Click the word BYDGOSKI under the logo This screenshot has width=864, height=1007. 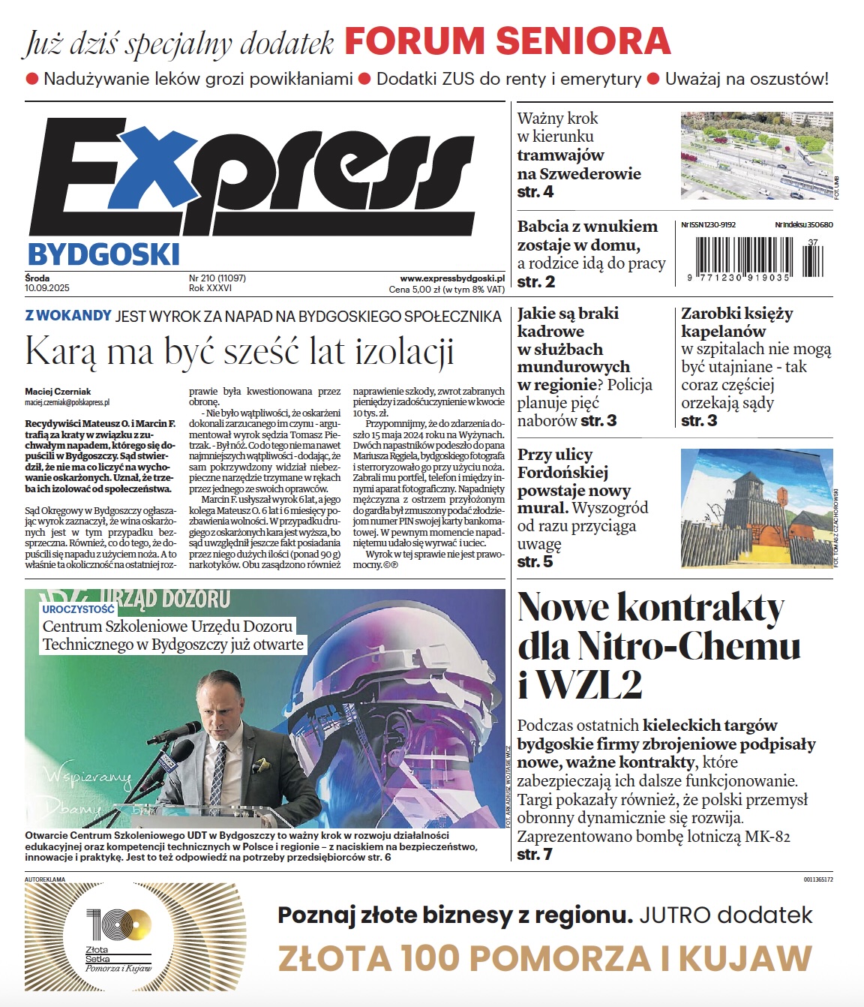tap(103, 255)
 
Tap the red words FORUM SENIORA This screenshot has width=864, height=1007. tap(507, 41)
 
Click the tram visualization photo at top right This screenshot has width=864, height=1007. tap(755, 155)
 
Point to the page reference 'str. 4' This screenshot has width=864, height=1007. tap(535, 192)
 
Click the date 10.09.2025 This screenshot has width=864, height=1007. tap(46, 288)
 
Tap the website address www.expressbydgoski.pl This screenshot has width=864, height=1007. tap(452, 278)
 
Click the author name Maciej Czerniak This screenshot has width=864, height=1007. tap(58, 391)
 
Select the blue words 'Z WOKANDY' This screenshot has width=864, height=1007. tap(68, 316)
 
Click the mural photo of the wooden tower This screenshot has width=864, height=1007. tap(756, 507)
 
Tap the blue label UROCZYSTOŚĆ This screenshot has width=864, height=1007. tap(78, 609)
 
